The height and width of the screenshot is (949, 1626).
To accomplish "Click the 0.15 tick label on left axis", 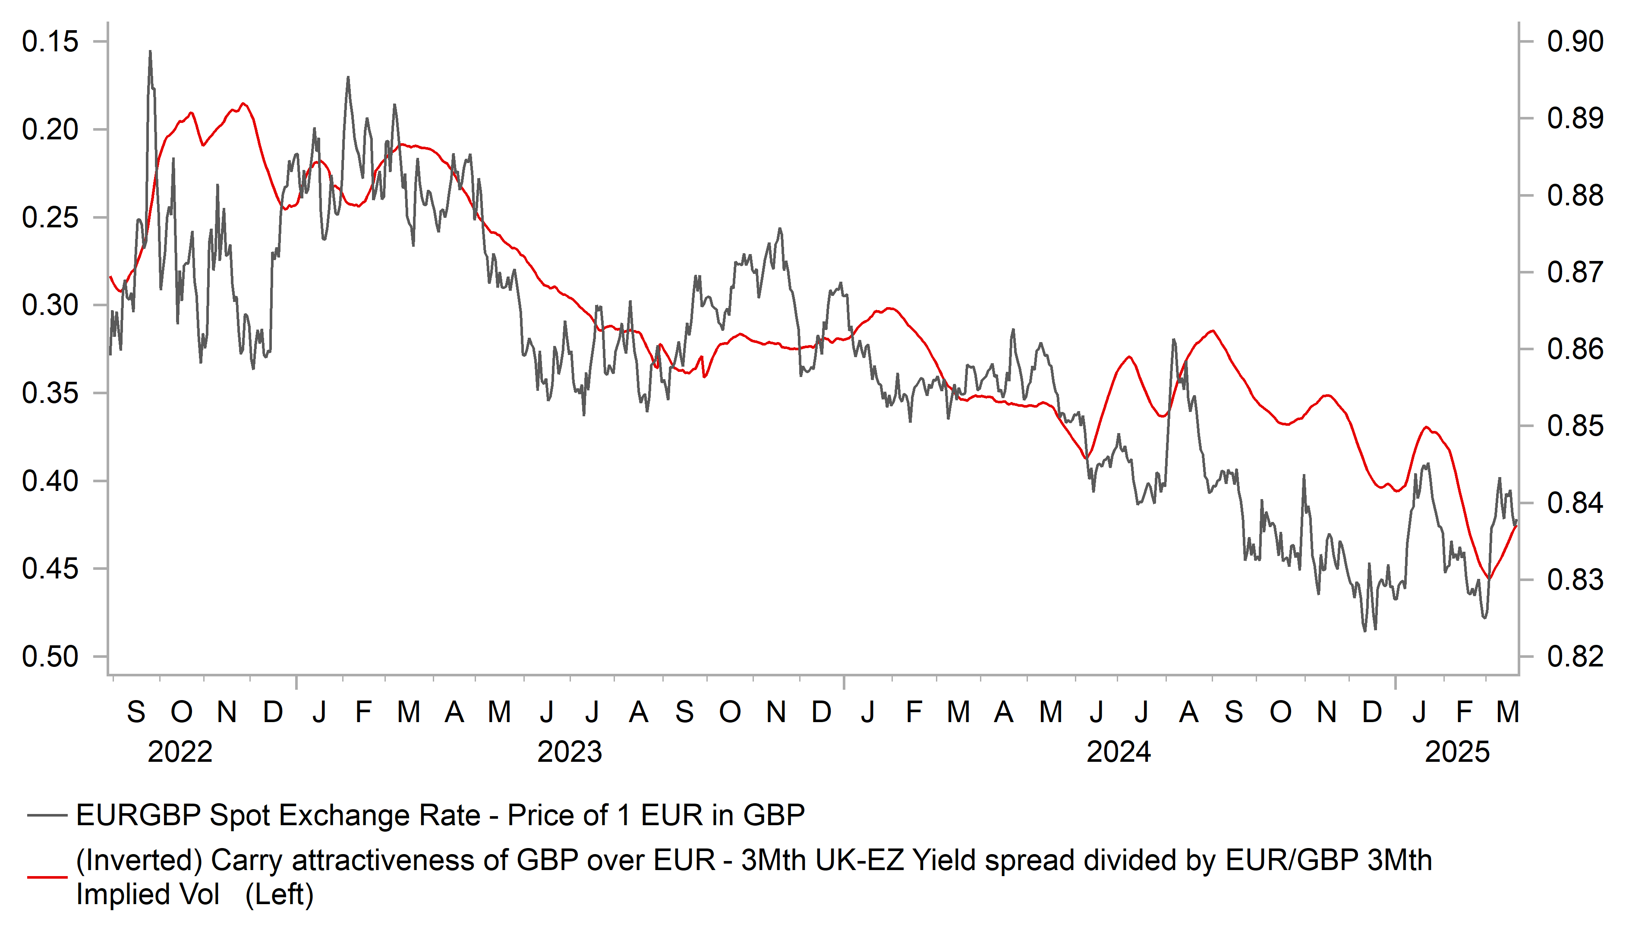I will [x=50, y=42].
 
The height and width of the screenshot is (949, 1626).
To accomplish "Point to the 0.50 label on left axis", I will [x=50, y=657].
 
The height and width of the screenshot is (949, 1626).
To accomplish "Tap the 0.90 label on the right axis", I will [x=1575, y=42].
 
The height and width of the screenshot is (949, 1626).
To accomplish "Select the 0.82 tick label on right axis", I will [x=1575, y=657].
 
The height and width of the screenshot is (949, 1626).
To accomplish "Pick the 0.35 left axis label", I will [x=50, y=393].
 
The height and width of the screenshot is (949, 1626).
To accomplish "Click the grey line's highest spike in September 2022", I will [x=150, y=52].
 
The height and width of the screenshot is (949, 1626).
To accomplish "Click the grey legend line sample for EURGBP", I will [x=47, y=815].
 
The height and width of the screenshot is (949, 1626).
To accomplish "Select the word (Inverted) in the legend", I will [x=139, y=861].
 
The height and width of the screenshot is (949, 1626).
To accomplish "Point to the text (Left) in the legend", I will [x=279, y=895].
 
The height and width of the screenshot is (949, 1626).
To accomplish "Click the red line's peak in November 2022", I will [x=243, y=103].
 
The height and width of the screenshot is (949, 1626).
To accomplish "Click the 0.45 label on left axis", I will [x=50, y=569].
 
